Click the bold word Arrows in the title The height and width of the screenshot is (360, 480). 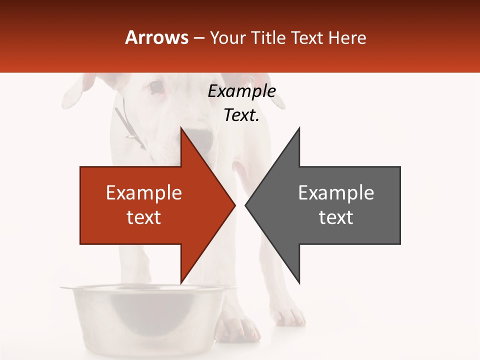157,37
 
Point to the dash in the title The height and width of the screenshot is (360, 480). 198,38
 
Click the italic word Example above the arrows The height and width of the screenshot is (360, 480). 241,91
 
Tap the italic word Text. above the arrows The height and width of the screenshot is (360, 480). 241,115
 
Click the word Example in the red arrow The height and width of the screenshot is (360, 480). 144,193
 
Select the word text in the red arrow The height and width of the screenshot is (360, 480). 144,217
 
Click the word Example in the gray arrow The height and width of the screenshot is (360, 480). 336,193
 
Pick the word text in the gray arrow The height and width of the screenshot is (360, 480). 336,217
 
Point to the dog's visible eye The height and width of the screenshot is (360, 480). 156,88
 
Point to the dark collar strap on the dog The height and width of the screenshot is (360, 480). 127,125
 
